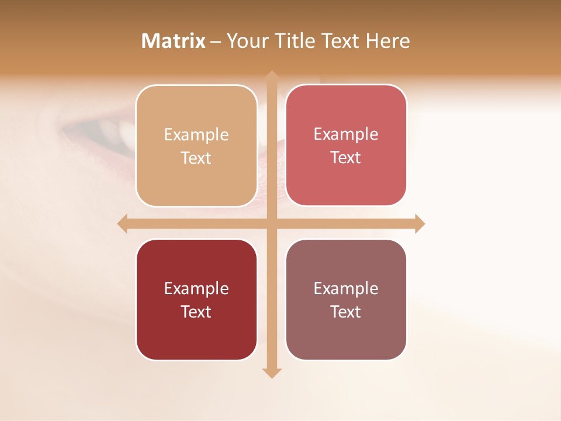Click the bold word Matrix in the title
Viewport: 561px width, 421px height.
pyautogui.click(x=174, y=41)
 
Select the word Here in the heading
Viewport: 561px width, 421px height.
pyautogui.click(x=387, y=41)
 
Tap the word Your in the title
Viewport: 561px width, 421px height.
pyautogui.click(x=248, y=41)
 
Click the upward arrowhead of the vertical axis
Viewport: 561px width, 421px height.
pyautogui.click(x=271, y=75)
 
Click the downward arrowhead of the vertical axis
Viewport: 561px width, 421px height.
pyautogui.click(x=271, y=373)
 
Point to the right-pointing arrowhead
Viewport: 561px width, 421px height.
pyautogui.click(x=420, y=224)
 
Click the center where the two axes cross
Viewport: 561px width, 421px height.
pyautogui.click(x=271, y=224)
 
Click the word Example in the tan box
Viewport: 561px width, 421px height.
pyautogui.click(x=196, y=135)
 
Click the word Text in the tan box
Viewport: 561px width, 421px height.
pyautogui.click(x=196, y=158)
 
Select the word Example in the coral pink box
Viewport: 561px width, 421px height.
pyautogui.click(x=346, y=134)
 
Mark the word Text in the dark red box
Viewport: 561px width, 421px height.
pyautogui.click(x=196, y=312)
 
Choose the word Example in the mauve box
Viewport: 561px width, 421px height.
pyautogui.click(x=346, y=289)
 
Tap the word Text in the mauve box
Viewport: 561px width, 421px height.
pyautogui.click(x=346, y=312)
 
